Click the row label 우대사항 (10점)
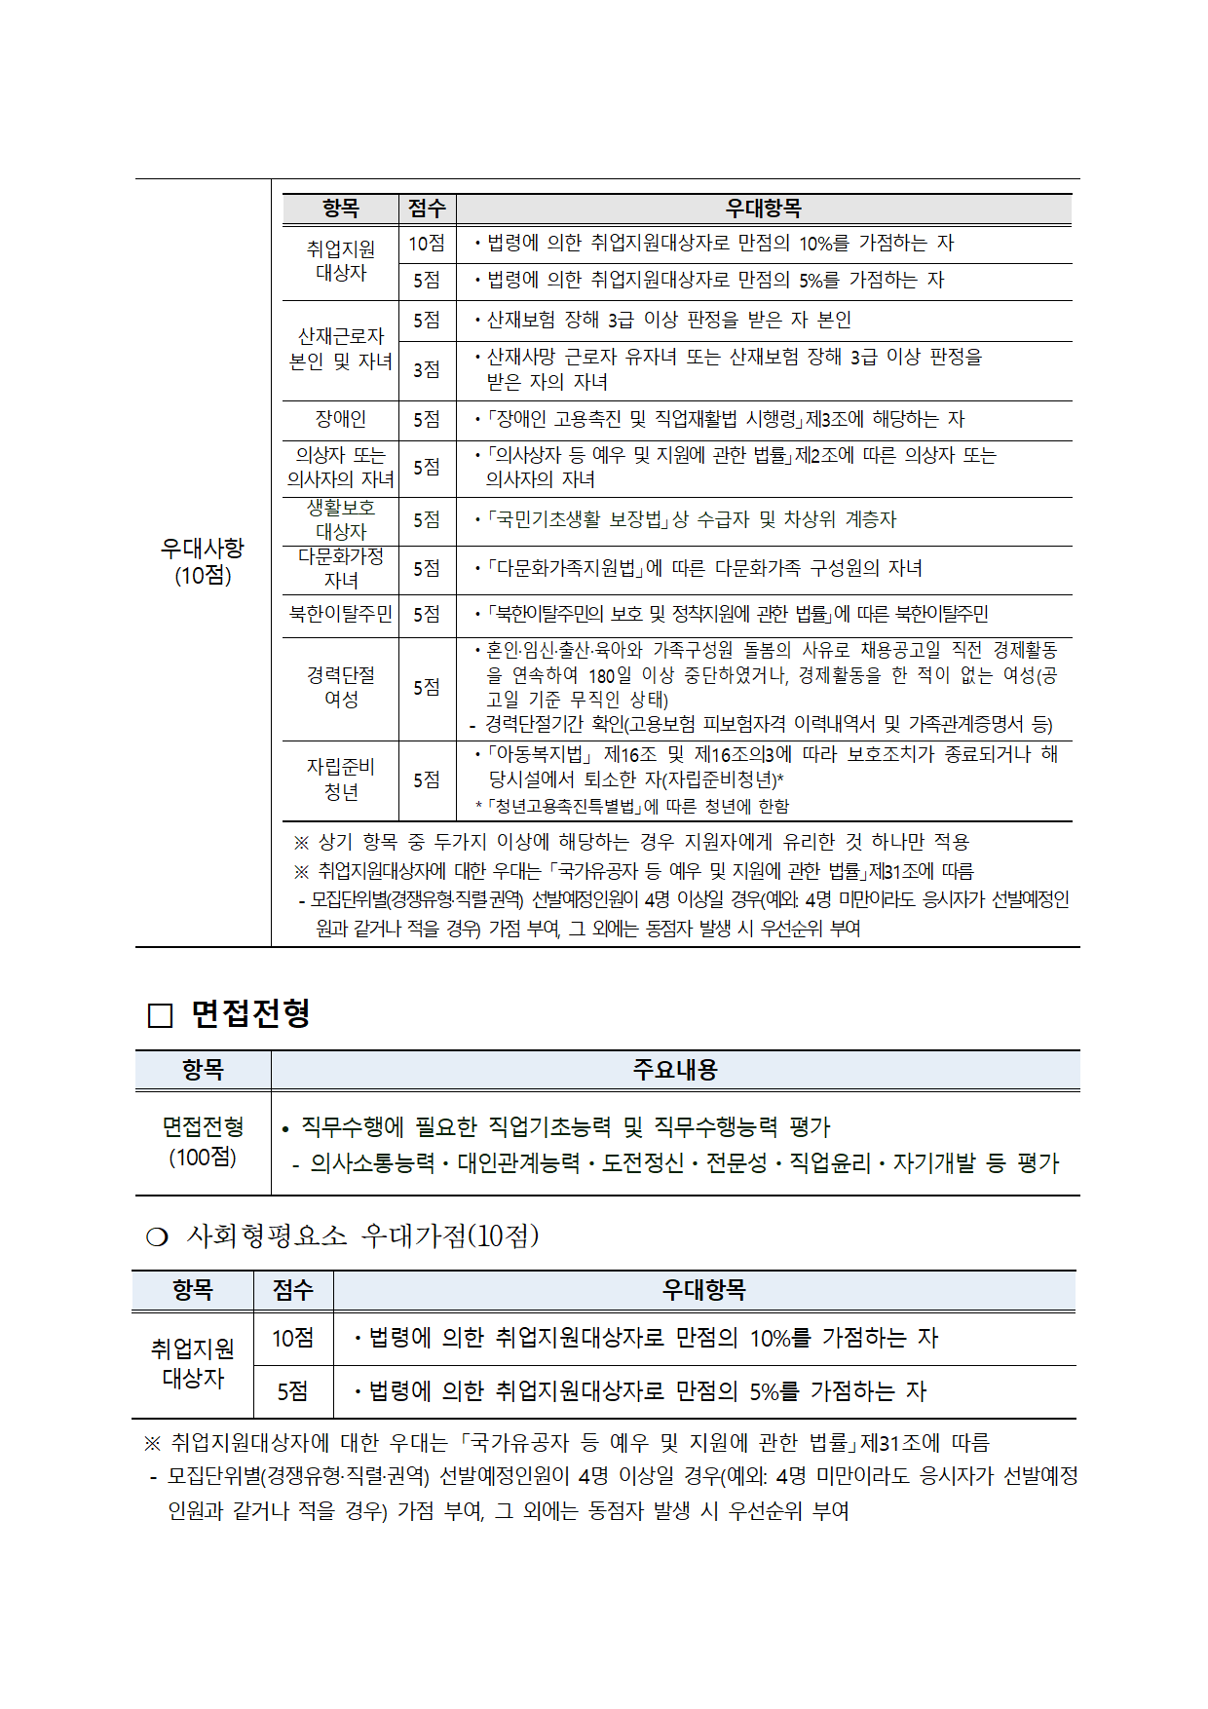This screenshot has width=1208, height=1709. [x=203, y=562]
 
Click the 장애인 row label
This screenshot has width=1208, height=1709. [x=340, y=419]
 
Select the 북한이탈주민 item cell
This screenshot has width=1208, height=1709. [x=340, y=614]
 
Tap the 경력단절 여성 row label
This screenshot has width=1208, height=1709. [x=340, y=687]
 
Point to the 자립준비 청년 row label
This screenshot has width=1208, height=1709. [x=340, y=779]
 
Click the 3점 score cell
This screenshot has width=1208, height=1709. [x=426, y=370]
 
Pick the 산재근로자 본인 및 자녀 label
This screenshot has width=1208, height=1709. [x=340, y=349]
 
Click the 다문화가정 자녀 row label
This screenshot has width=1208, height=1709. [x=340, y=568]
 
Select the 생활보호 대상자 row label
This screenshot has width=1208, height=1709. [x=340, y=519]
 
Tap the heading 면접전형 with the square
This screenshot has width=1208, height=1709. [x=250, y=1014]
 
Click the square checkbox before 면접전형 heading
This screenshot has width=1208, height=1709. [x=160, y=1016]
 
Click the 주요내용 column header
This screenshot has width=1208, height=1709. [x=674, y=1070]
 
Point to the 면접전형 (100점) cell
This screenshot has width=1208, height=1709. [x=203, y=1142]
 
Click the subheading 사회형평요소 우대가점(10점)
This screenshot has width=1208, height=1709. [x=362, y=1235]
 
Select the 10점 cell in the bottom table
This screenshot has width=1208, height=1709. [x=292, y=1338]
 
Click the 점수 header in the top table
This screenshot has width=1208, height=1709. [x=426, y=209]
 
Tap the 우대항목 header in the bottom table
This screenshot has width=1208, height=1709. [x=703, y=1290]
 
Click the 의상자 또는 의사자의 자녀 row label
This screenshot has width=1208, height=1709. [x=340, y=468]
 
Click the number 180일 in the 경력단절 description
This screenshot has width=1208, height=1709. [x=610, y=674]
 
